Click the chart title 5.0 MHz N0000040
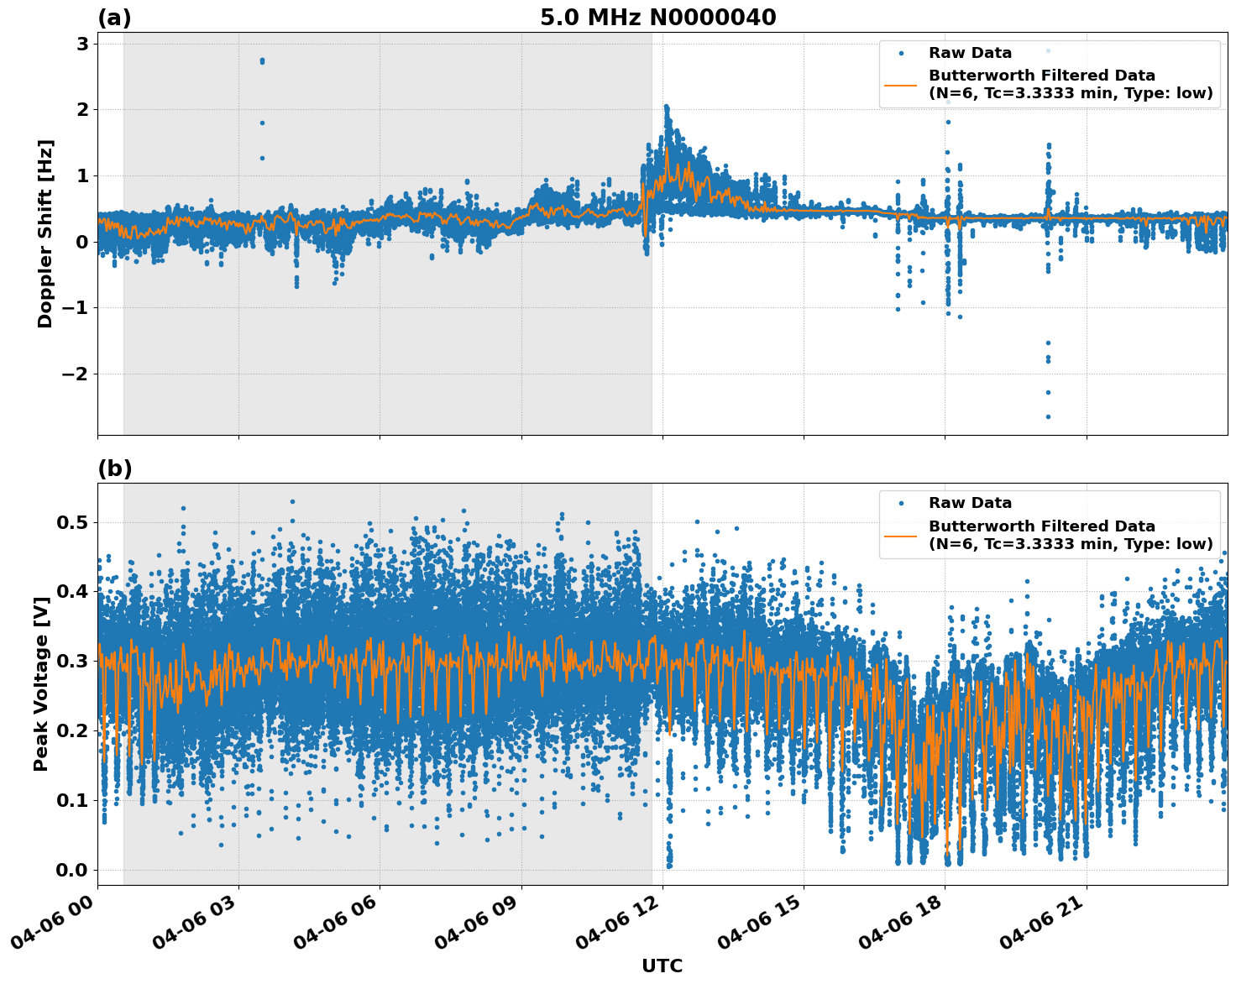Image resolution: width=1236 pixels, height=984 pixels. click(657, 18)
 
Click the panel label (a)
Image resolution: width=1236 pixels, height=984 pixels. click(114, 18)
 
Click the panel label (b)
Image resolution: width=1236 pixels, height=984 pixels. click(114, 468)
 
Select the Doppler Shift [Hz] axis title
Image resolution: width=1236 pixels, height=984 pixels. click(45, 233)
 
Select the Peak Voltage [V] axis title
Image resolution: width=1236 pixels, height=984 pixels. click(41, 683)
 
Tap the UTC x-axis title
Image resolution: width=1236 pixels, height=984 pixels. click(662, 966)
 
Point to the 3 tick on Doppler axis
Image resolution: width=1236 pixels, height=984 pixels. click(82, 44)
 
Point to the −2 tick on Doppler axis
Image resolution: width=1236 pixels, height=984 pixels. click(76, 374)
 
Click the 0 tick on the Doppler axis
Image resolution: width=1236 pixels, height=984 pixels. click(82, 242)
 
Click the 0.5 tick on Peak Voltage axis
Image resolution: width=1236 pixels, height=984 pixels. click(72, 522)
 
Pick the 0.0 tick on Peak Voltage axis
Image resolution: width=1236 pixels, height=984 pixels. click(72, 870)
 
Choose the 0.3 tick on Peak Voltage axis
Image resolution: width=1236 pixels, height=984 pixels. click(72, 662)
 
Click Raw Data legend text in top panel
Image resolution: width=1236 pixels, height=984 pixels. click(970, 53)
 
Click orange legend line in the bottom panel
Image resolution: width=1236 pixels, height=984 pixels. click(901, 535)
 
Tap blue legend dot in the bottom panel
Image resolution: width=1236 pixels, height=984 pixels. click(901, 503)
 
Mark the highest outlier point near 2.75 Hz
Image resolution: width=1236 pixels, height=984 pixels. click(262, 60)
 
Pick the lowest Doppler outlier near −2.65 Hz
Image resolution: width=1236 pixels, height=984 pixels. click(1048, 416)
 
